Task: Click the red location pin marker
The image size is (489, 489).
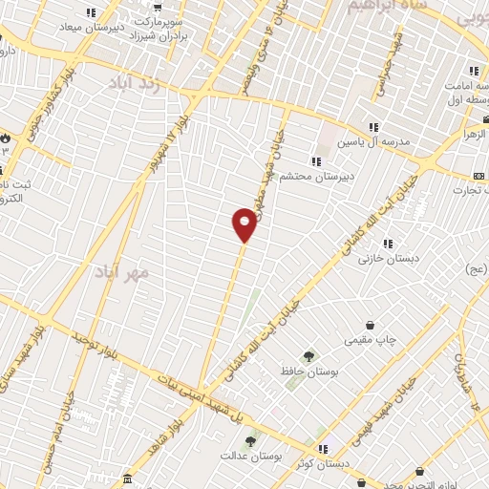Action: (244, 223)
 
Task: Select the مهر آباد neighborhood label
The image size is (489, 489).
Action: (123, 272)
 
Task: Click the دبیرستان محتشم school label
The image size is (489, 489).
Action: (350, 177)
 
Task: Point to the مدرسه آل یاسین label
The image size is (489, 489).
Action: (373, 141)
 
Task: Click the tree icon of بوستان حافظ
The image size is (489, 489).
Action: (308, 355)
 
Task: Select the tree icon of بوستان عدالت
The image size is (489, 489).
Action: (250, 441)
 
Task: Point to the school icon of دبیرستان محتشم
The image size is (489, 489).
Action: (315, 161)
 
